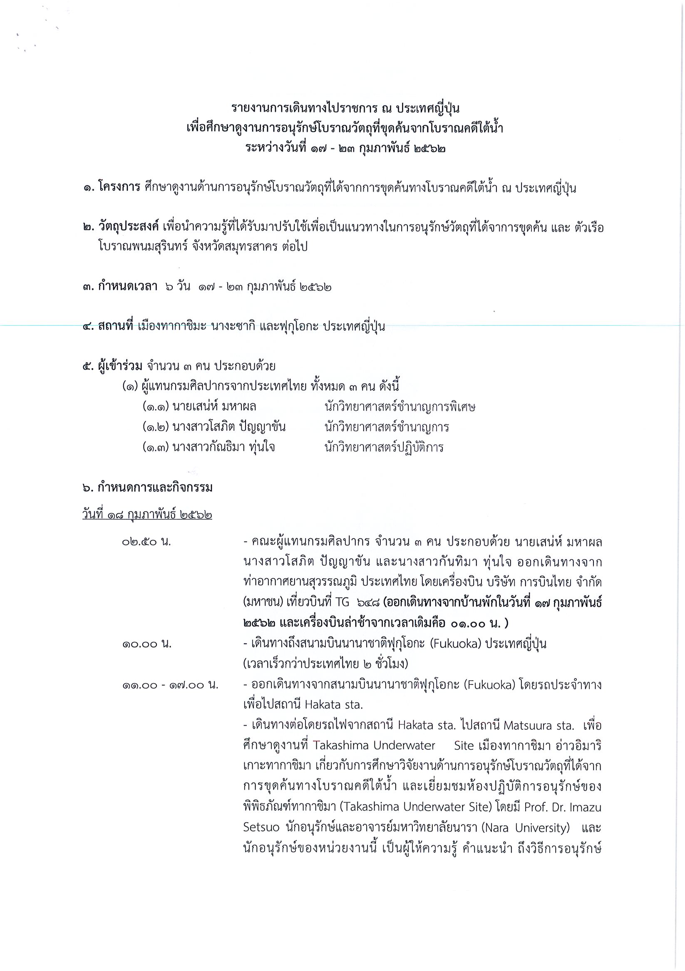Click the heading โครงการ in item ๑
pyautogui.click(x=119, y=188)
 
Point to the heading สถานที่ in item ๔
pyautogui.click(x=115, y=327)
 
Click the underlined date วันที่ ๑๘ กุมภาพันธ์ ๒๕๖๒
pyautogui.click(x=146, y=516)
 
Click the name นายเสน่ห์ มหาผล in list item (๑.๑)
pyautogui.click(x=214, y=407)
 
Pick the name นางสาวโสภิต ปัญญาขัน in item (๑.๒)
pyautogui.click(x=228, y=427)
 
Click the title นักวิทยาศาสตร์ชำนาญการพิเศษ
pyautogui.click(x=400, y=407)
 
